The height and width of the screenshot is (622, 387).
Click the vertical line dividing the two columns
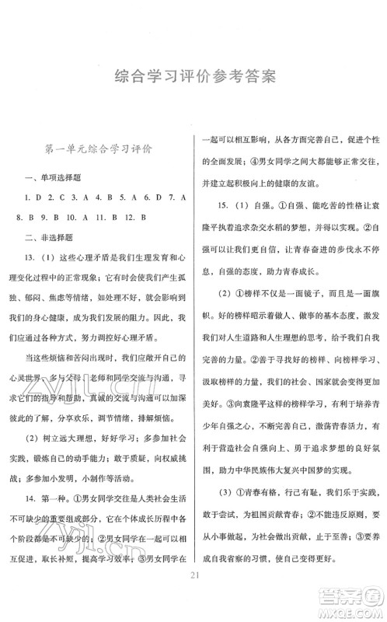coord(194,350)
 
